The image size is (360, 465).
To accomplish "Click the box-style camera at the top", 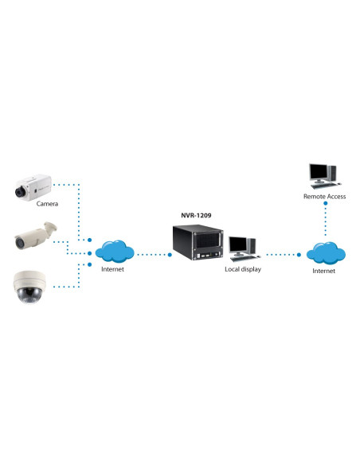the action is click(33, 187).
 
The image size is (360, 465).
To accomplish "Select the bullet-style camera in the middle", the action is click(36, 236).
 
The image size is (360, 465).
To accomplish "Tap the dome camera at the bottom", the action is click(29, 287).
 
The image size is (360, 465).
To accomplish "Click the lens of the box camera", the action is click(20, 192).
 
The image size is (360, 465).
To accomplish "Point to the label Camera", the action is click(47, 204).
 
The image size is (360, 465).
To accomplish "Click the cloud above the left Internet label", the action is click(115, 252).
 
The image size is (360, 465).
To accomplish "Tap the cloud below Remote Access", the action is click(326, 253).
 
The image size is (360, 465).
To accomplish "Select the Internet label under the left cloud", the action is click(112, 269).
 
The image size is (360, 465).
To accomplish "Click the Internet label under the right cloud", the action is click(323, 271).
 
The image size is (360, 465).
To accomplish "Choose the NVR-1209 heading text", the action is click(196, 215).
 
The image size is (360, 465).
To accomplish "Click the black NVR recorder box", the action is click(198, 242).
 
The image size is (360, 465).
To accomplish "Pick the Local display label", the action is click(243, 269).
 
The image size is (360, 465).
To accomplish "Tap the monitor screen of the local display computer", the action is click(238, 244).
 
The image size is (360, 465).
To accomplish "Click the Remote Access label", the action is click(324, 197).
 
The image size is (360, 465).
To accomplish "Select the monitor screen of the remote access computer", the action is click(319, 172).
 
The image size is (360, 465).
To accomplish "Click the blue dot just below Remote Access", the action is click(325, 204).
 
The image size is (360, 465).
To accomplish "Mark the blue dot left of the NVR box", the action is click(170, 255).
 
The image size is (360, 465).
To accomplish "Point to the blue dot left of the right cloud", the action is click(299, 255).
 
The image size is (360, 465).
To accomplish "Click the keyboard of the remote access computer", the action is click(323, 186).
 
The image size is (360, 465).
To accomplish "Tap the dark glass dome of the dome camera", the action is click(29, 295).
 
